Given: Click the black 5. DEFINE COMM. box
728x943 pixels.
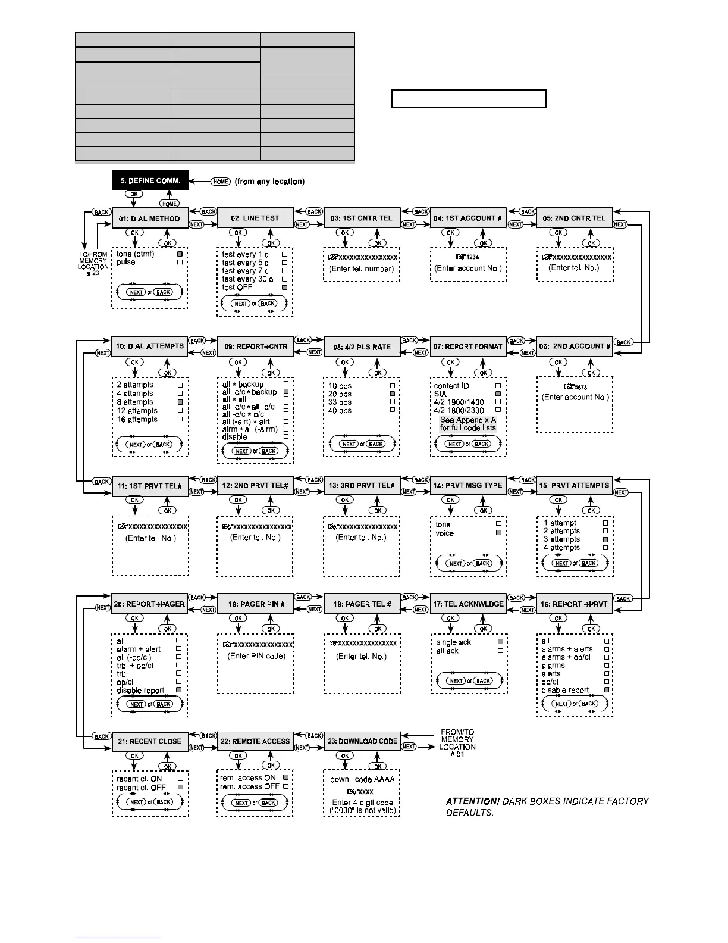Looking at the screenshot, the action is (x=150, y=181).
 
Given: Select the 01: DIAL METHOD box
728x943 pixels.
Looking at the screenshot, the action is (x=150, y=218).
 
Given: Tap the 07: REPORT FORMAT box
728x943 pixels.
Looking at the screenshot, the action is (x=468, y=346).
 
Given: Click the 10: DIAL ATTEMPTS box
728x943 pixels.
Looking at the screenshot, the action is (x=150, y=346).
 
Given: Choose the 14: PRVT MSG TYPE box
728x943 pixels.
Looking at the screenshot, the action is (x=468, y=485).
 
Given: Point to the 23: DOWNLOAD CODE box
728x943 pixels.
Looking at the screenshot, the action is (x=362, y=741).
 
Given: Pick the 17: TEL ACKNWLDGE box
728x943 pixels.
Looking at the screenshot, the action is (x=468, y=604).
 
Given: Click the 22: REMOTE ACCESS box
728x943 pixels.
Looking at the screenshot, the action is (x=255, y=741).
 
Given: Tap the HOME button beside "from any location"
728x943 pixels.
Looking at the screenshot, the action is (x=221, y=182).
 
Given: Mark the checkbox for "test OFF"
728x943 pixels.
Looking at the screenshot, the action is (x=285, y=288).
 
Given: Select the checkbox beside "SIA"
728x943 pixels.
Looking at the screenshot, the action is (x=498, y=394).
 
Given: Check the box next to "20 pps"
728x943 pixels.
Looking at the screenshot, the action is (x=392, y=394).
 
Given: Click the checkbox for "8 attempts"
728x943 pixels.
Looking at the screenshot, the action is (x=180, y=402).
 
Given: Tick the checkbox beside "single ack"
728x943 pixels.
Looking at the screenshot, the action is (x=500, y=642).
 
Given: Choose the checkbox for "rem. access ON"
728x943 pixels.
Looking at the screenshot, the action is (x=285, y=777).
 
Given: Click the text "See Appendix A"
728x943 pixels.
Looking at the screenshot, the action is (x=467, y=420).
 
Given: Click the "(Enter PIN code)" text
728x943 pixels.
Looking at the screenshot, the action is (x=256, y=656).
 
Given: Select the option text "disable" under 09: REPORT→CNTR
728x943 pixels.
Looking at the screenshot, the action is (x=234, y=437).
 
